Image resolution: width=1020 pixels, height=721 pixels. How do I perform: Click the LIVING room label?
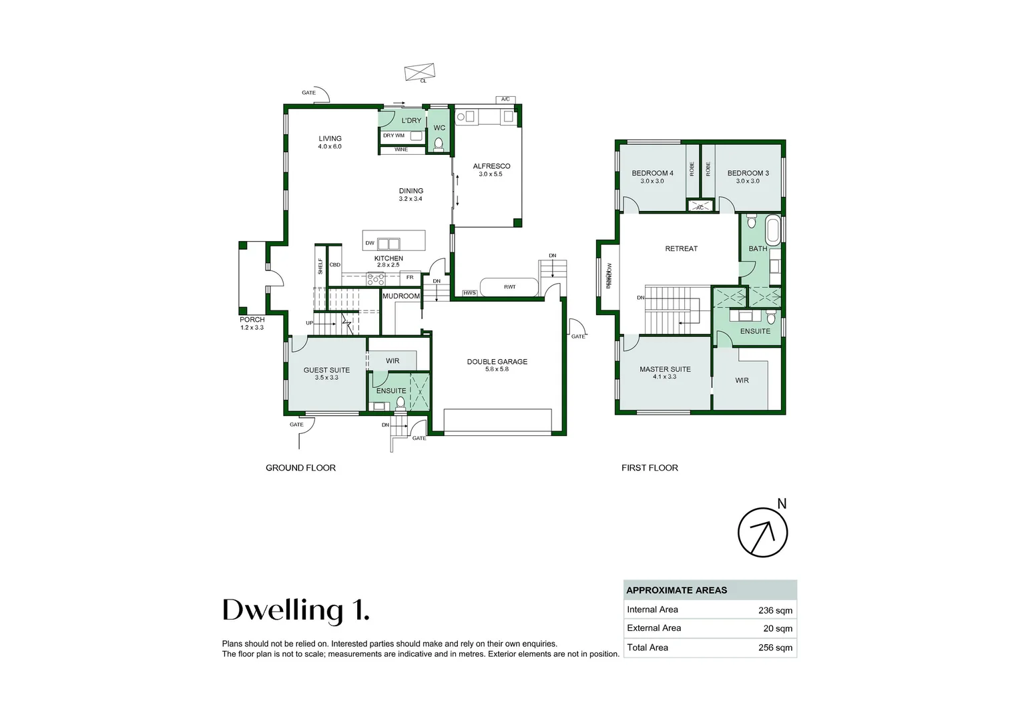330,139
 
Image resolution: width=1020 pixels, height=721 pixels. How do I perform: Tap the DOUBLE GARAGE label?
497,362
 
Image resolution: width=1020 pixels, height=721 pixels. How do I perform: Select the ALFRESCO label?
491,166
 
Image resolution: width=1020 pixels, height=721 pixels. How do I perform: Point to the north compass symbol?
762,532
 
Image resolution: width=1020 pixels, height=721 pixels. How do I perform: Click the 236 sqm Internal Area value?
775,610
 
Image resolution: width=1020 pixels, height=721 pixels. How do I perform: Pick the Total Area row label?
647,648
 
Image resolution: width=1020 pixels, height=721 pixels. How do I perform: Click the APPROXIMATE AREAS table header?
676,590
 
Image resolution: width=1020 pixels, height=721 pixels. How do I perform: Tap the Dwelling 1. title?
295,610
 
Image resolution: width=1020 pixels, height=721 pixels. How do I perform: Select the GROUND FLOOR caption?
300,468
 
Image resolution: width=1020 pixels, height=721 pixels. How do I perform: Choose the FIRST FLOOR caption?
650,468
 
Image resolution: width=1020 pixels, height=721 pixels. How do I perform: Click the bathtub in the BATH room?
772,230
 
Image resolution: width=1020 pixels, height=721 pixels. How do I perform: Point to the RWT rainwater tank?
509,287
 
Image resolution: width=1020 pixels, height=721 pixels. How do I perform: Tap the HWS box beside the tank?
470,293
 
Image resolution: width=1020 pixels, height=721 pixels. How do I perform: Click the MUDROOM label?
401,296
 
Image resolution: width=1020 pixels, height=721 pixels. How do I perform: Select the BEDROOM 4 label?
652,173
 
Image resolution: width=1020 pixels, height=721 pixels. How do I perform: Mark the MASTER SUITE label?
665,369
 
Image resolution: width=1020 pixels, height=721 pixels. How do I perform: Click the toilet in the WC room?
439,144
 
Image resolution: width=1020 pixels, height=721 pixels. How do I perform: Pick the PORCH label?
252,320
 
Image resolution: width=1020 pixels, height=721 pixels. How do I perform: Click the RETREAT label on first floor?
681,248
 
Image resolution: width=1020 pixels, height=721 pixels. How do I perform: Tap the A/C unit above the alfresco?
505,99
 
